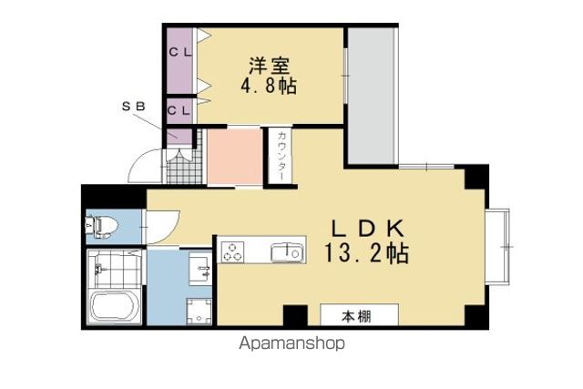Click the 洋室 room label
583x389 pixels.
point(270,66)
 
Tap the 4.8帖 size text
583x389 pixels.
point(269,87)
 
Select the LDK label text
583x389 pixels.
point(367,229)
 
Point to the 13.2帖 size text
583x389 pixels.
point(367,253)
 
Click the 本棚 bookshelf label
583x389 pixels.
point(356,317)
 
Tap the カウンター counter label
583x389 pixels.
point(281,156)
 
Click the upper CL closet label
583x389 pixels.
point(180,52)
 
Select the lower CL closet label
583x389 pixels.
point(179,110)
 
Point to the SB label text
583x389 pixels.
point(134,107)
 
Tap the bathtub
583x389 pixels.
point(114,306)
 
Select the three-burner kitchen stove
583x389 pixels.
point(233,251)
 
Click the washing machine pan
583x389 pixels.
point(199,312)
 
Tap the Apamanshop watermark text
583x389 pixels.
point(291,343)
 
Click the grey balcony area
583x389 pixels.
point(371,96)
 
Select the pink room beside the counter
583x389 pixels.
point(234,156)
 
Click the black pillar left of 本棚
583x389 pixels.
point(295,315)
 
